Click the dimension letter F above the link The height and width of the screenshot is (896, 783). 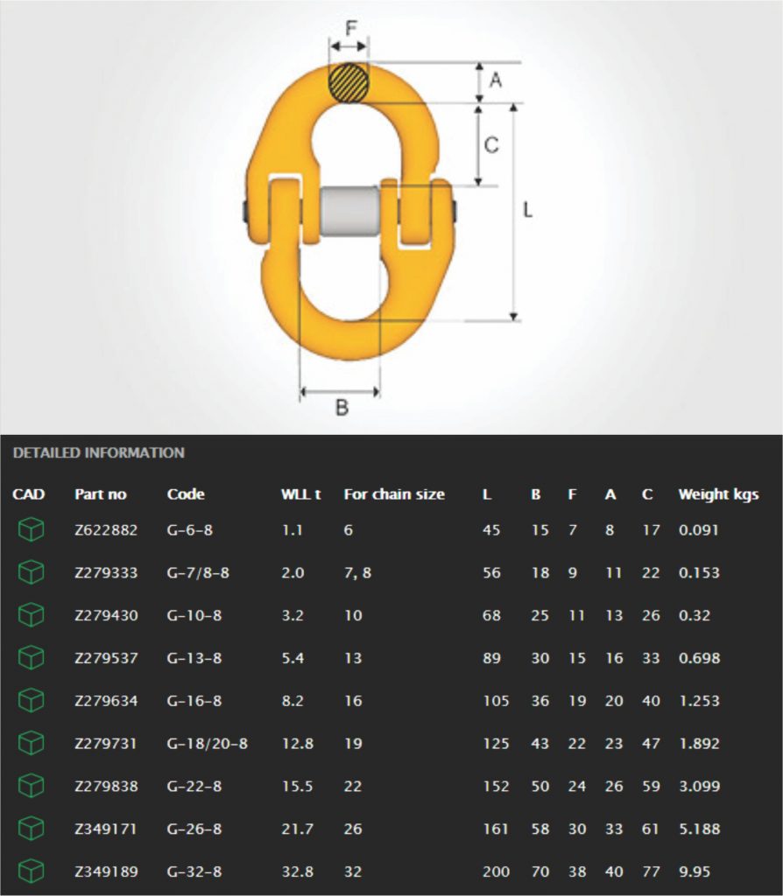(x=350, y=28)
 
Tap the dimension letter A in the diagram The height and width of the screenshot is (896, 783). (x=495, y=80)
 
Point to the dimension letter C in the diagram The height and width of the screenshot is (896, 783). (x=491, y=144)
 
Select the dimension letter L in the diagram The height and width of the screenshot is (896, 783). (x=527, y=211)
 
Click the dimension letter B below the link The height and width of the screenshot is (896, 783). (x=342, y=407)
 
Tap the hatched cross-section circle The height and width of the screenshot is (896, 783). (x=349, y=83)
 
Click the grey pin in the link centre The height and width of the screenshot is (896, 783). (x=349, y=211)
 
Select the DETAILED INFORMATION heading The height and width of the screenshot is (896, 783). (x=99, y=453)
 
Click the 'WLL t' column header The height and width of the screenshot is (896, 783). (x=300, y=494)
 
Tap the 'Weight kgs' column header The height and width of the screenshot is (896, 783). (x=718, y=494)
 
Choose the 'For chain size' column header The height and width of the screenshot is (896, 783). (x=393, y=494)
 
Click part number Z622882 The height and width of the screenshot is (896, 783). (x=106, y=530)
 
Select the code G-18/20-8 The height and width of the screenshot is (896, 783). (x=208, y=744)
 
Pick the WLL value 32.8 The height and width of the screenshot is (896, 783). (x=297, y=871)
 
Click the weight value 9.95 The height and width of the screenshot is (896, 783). (x=695, y=871)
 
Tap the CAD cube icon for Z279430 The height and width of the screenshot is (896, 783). (x=32, y=615)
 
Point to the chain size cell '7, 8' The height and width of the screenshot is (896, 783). (x=357, y=573)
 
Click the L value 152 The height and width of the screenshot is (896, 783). (x=495, y=787)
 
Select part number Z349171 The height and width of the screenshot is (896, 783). (x=106, y=829)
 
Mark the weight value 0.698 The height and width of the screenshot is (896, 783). (x=699, y=658)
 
